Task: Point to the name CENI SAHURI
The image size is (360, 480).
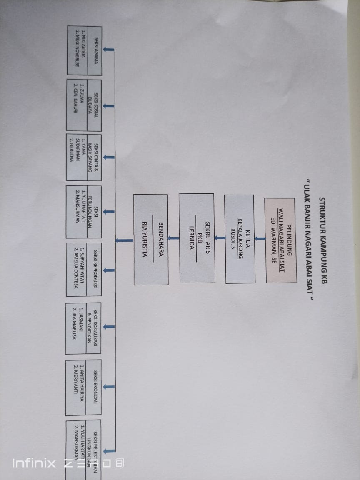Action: [75, 100]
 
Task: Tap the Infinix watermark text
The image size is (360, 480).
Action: [33, 463]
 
